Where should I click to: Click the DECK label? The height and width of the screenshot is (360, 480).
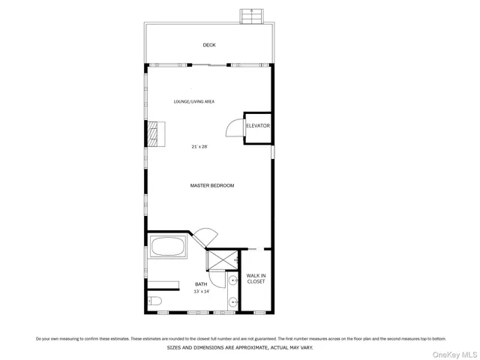[209, 45]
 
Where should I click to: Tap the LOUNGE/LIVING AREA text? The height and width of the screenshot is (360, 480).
[194, 101]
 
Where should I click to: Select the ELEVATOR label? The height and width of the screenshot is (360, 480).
[257, 126]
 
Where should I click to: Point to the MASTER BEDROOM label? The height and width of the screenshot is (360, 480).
[211, 185]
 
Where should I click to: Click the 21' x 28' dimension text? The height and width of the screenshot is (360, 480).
[199, 147]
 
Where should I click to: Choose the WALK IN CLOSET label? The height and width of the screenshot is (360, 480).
[256, 278]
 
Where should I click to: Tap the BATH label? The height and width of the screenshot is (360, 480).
[201, 284]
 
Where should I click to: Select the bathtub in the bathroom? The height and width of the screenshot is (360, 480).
[168, 247]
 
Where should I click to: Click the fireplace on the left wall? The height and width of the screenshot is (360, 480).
[154, 134]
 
